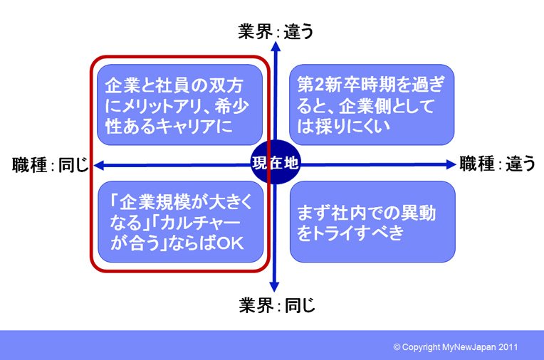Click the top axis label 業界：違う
276,31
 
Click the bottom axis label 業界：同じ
277,305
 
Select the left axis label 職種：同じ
51,164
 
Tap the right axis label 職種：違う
497,164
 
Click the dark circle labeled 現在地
275,162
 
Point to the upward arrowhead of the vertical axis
276,47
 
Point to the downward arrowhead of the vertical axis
274,287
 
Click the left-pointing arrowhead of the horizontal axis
99,166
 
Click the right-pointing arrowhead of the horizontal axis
450,164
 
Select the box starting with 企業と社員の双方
179,105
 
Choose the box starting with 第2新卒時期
372,105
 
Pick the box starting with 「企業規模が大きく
180,221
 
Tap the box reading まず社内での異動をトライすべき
372,221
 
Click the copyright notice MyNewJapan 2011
455,346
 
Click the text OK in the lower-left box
230,243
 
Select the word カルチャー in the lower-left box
200,222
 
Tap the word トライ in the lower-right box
333,233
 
